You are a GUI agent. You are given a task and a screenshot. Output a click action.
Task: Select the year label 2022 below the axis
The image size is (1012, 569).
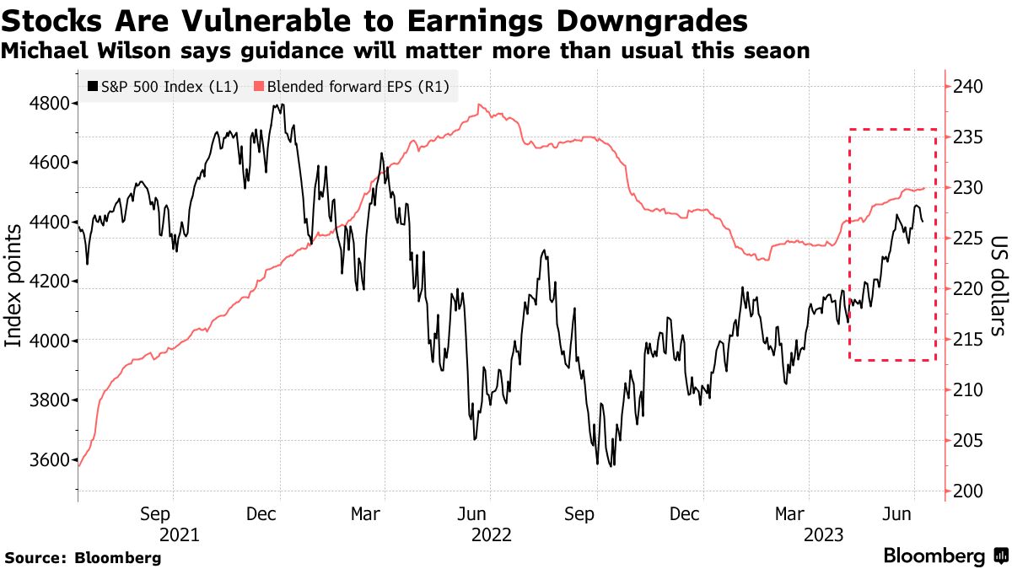tap(493, 534)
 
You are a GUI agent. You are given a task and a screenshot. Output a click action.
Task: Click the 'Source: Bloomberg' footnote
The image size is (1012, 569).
tap(83, 557)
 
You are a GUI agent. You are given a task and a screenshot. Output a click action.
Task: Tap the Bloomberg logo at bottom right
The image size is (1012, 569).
tap(945, 556)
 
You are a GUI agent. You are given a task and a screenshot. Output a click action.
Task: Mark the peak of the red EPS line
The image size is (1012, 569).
tap(480, 105)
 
